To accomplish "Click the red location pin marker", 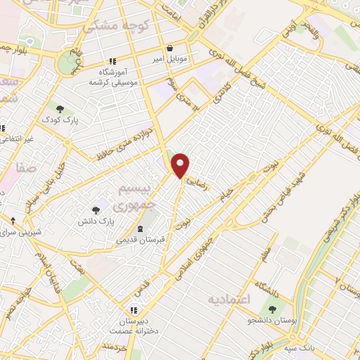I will click(x=181, y=165).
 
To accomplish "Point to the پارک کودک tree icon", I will click(x=60, y=109).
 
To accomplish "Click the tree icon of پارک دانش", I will click(x=96, y=210).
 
